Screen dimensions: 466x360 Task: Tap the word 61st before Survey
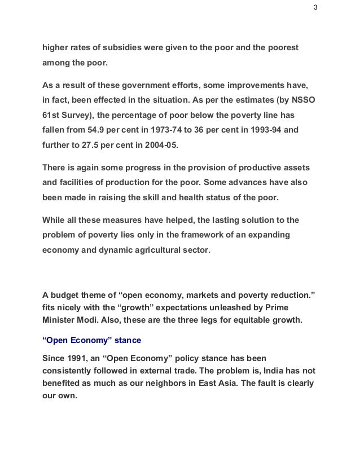[x=52, y=115]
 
